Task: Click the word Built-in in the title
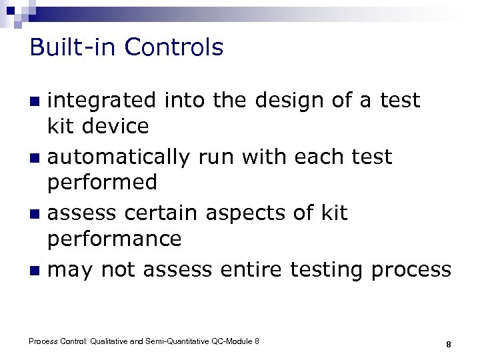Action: click(x=73, y=47)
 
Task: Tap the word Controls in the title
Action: click(x=173, y=47)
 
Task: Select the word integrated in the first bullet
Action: click(x=101, y=101)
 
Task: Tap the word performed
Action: click(x=103, y=182)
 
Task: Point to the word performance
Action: click(x=115, y=239)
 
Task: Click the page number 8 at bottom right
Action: click(x=449, y=345)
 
